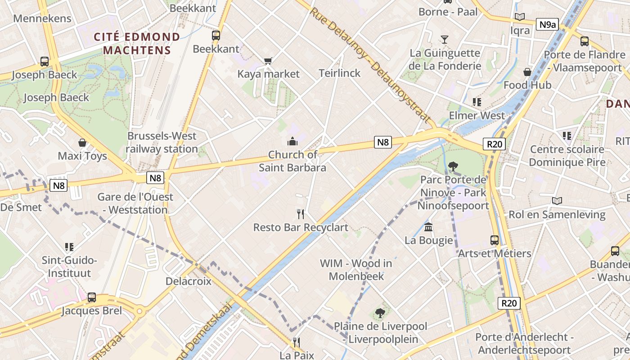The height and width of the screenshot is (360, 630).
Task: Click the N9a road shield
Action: pyautogui.click(x=547, y=24)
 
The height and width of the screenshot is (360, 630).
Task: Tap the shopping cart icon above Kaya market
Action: pyautogui.click(x=268, y=61)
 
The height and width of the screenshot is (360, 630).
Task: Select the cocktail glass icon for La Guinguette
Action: pyautogui.click(x=445, y=39)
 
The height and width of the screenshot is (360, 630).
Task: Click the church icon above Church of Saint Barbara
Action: pyautogui.click(x=292, y=142)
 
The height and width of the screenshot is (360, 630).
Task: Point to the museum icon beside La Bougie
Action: pyautogui.click(x=428, y=227)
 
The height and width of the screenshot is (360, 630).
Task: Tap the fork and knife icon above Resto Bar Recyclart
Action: pyautogui.click(x=301, y=214)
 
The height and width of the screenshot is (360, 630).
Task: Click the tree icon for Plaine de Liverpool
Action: pyautogui.click(x=380, y=313)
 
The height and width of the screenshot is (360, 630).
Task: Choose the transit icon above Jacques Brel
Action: pyautogui.click(x=92, y=297)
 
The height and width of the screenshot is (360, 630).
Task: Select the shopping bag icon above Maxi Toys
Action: pyautogui.click(x=82, y=143)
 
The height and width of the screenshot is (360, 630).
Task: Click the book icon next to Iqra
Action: pyautogui.click(x=520, y=17)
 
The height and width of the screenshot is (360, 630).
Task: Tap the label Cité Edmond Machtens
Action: pyautogui.click(x=137, y=43)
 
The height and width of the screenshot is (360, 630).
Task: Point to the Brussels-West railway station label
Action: pyautogui.click(x=162, y=142)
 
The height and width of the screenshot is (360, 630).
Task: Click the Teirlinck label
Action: pyautogui.click(x=340, y=73)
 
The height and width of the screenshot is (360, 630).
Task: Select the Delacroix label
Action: pyautogui.click(x=188, y=281)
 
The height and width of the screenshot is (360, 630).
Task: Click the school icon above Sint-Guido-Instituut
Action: pyautogui.click(x=69, y=247)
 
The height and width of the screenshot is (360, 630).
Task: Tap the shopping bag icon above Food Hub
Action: pyautogui.click(x=527, y=72)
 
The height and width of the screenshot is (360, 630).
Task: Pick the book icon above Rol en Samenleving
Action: pyautogui.click(x=557, y=201)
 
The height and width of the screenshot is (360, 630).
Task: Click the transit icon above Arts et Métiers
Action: pyautogui.click(x=495, y=240)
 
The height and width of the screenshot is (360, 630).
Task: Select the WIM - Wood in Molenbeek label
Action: pyautogui.click(x=356, y=270)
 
